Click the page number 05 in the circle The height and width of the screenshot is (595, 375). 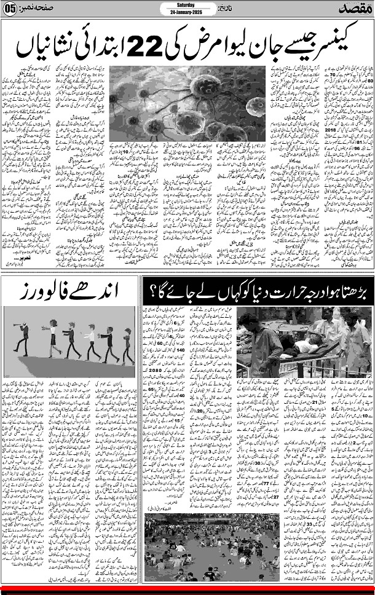[10, 9]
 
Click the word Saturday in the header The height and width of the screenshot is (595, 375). [187, 4]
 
